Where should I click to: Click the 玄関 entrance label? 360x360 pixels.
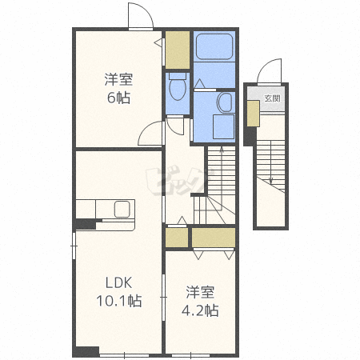[272, 98]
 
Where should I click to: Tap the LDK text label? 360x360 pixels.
[119, 282]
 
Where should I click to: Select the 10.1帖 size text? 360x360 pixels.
[119, 301]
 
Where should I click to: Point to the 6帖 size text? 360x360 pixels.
[118, 98]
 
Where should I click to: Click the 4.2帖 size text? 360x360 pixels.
[200, 310]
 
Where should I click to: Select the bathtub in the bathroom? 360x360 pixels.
[214, 46]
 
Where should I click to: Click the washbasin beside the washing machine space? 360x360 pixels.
[225, 102]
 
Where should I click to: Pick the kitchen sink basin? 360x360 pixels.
[122, 209]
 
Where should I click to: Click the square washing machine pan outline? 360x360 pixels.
[223, 127]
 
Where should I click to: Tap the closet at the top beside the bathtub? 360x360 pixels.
[178, 50]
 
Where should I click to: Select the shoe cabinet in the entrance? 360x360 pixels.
[253, 114]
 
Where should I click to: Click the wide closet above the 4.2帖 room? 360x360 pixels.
[214, 238]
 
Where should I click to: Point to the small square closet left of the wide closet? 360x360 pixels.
[177, 238]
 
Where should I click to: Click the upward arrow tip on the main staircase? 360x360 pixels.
[222, 147]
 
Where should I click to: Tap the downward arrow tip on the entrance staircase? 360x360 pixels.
[271, 184]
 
